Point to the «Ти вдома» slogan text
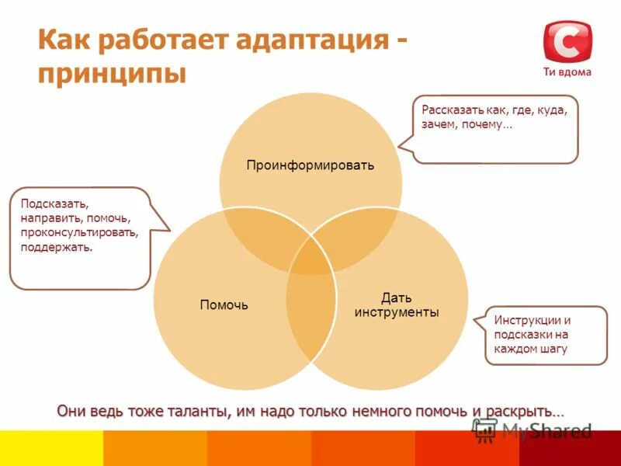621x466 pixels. (567, 72)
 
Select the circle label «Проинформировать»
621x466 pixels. (310, 165)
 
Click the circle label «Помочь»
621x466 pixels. (224, 305)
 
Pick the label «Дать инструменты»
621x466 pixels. (397, 304)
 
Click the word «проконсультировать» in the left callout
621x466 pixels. (80, 232)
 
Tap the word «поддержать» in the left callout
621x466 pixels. (57, 247)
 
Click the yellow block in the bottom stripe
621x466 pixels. (51, 448)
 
